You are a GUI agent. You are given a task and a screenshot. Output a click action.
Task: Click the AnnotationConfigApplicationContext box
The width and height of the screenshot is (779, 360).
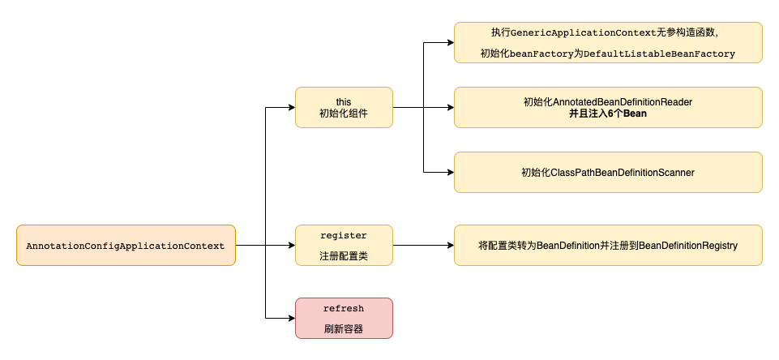[x=126, y=245]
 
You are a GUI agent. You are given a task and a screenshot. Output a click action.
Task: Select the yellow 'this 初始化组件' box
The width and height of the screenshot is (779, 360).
[x=344, y=107]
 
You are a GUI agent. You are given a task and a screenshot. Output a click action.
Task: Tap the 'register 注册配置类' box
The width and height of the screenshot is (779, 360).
[x=344, y=245]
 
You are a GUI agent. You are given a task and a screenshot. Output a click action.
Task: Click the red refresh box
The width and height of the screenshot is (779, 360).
[x=344, y=318]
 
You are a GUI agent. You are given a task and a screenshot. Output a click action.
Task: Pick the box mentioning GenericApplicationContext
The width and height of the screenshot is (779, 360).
[x=608, y=42]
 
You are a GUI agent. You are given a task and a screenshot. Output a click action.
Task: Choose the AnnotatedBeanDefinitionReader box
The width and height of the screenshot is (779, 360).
[x=608, y=107]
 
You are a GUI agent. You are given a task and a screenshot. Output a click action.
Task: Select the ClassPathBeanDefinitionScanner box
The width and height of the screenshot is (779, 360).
[x=608, y=172]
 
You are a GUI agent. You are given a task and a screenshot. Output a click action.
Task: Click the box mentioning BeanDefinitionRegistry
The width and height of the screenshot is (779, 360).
[x=608, y=245]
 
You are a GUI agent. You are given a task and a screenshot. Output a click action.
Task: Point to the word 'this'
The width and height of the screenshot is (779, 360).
[x=344, y=101]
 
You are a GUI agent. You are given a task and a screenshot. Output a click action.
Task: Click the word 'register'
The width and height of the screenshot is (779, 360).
[x=344, y=236]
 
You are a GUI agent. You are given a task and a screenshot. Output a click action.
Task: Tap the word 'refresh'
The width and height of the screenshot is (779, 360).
[x=344, y=309]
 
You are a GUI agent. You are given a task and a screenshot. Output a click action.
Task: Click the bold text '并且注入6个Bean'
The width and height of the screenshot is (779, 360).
[x=608, y=114]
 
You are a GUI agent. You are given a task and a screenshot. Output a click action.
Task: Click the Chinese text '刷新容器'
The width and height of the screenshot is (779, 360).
[x=344, y=329]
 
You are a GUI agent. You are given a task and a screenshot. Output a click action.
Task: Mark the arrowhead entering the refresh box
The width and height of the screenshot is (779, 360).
[x=290, y=318]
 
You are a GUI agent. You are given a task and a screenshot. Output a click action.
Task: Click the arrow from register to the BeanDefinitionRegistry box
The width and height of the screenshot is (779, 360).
[x=422, y=245]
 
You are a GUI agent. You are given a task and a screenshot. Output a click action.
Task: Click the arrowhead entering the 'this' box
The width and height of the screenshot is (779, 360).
[x=290, y=107]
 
